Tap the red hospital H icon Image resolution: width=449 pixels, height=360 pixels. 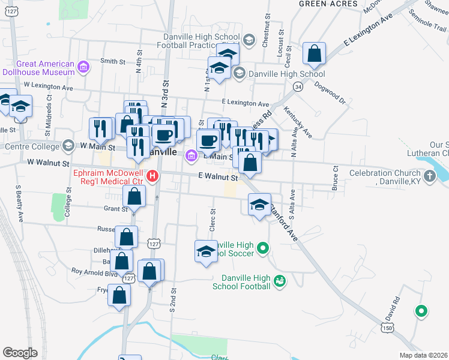[152, 176]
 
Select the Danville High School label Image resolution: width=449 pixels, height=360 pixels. [286, 74]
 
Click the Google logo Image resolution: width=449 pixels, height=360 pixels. [20, 353]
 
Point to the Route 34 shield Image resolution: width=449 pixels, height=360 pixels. [298, 87]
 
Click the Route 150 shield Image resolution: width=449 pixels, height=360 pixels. [387, 328]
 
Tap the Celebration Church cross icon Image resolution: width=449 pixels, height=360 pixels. [429, 176]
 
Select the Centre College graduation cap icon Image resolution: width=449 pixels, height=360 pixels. [68, 146]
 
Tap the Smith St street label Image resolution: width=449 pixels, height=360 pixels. [113, 61]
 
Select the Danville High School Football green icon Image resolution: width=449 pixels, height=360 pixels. [279, 280]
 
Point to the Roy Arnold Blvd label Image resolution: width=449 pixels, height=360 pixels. [94, 271]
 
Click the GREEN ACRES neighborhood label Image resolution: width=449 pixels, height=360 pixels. [328, 4]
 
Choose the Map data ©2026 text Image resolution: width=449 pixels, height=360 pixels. [423, 355]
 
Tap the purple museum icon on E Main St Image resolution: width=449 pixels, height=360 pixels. [191, 156]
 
